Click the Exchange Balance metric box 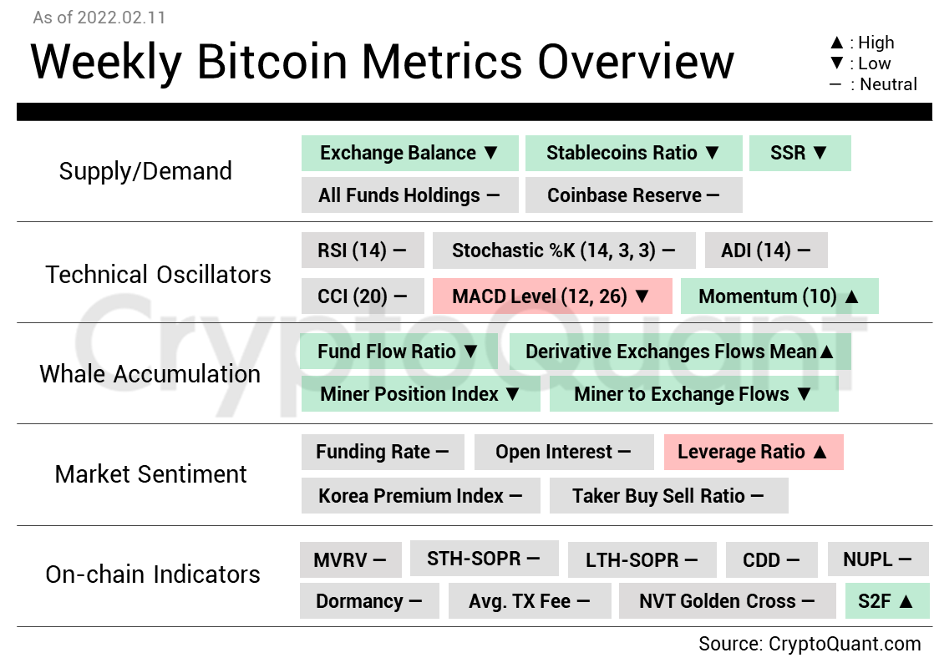[409, 154]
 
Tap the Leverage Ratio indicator [753, 453]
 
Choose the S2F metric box [887, 601]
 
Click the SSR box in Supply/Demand [799, 154]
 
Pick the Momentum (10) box [779, 296]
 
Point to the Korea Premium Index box [420, 496]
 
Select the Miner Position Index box [420, 394]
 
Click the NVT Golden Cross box [726, 601]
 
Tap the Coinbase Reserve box [633, 195]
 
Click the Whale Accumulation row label [150, 374]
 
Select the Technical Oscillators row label [159, 275]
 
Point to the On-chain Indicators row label [153, 574]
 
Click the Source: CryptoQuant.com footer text [810, 644]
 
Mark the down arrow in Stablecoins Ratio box [712, 154]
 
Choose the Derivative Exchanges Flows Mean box [680, 352]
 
